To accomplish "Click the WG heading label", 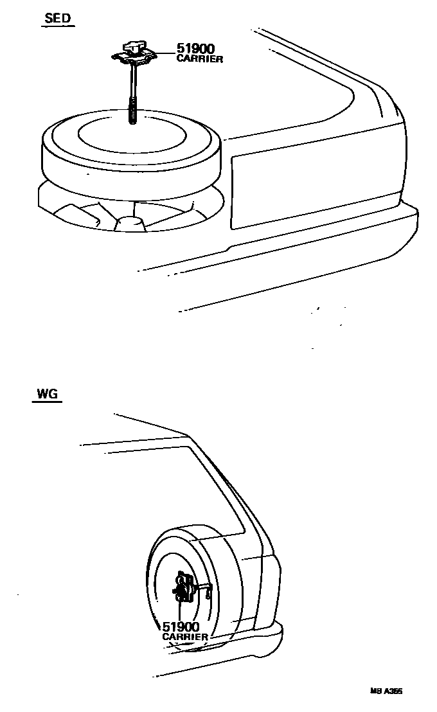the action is (x=47, y=393).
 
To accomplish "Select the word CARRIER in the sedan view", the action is (x=199, y=59).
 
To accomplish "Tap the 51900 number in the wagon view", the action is (x=181, y=626).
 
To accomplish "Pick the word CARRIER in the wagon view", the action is (x=185, y=637).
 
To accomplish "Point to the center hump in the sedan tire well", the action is (x=130, y=222).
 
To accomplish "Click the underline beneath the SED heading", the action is (x=58, y=26).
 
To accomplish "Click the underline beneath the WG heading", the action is (x=46, y=401).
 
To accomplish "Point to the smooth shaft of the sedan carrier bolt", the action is (x=134, y=80).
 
